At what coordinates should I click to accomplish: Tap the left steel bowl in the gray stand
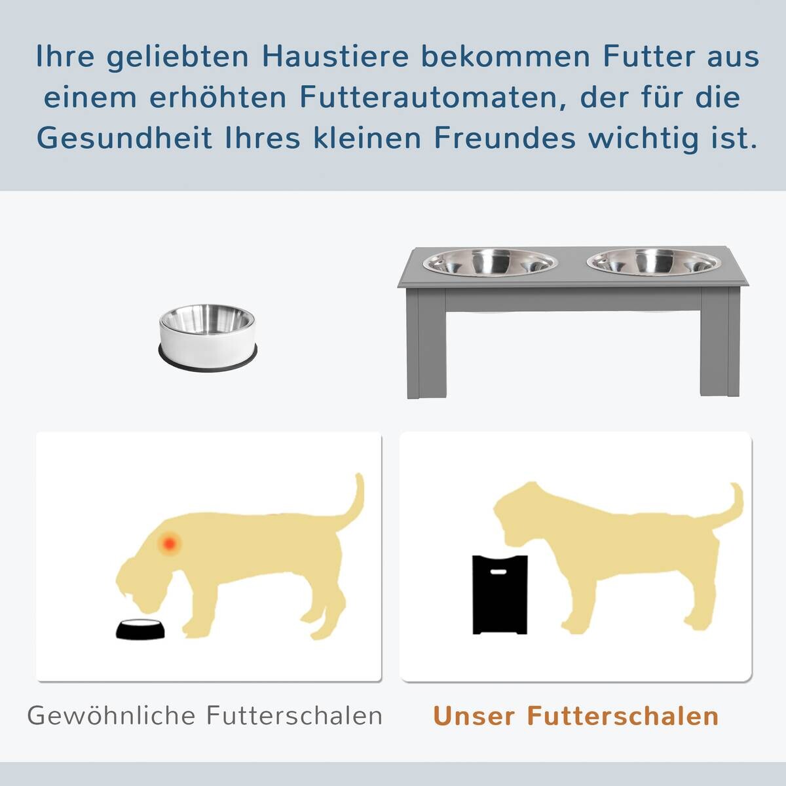pos(490,262)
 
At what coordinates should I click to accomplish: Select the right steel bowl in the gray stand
pos(654,262)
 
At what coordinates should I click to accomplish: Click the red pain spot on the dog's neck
pos(170,542)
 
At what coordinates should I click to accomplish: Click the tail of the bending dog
pos(356,501)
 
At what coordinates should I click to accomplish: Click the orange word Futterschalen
pos(623,715)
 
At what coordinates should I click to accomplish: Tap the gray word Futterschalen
pos(295,715)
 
